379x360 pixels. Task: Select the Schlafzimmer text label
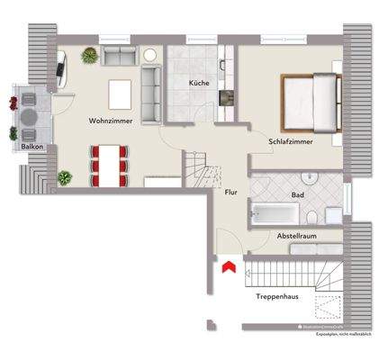[x=290, y=142]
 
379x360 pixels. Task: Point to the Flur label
[x=230, y=191]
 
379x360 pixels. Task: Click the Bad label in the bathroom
[x=297, y=194]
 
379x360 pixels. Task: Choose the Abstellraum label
[x=296, y=235]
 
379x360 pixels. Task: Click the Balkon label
[x=23, y=147]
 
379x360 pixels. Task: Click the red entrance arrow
[x=229, y=266]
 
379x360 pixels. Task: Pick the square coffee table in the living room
[x=120, y=92]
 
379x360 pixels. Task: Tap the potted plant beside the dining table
[x=65, y=178]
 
